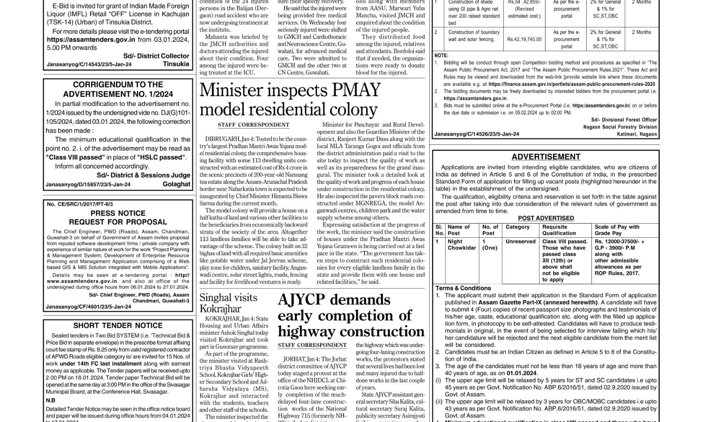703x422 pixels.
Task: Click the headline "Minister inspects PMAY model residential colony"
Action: click(x=290, y=99)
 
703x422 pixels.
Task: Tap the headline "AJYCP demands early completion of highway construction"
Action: click(x=351, y=316)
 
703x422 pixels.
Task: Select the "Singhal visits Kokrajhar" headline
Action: click(x=228, y=303)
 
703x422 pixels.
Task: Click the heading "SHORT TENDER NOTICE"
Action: click(x=118, y=325)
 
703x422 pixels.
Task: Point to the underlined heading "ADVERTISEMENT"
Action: click(x=546, y=157)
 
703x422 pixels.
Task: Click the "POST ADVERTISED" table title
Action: click(x=546, y=218)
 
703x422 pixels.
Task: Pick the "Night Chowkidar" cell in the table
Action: click(x=461, y=245)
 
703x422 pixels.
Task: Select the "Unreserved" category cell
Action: click(x=520, y=241)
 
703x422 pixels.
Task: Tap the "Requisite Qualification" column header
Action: click(x=559, y=230)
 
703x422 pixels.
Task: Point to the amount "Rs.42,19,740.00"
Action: click(x=524, y=39)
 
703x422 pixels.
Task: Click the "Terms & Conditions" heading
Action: click(x=463, y=288)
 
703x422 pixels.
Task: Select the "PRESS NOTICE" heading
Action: click(x=118, y=213)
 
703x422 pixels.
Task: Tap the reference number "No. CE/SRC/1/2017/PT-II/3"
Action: click(x=80, y=204)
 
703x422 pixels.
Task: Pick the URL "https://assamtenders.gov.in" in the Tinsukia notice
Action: click(x=91, y=40)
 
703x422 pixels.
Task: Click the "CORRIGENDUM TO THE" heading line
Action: click(x=118, y=85)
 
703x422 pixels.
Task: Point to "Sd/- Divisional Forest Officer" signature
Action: click(x=624, y=120)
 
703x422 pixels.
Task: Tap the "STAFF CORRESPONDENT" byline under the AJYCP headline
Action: click(x=312, y=345)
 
